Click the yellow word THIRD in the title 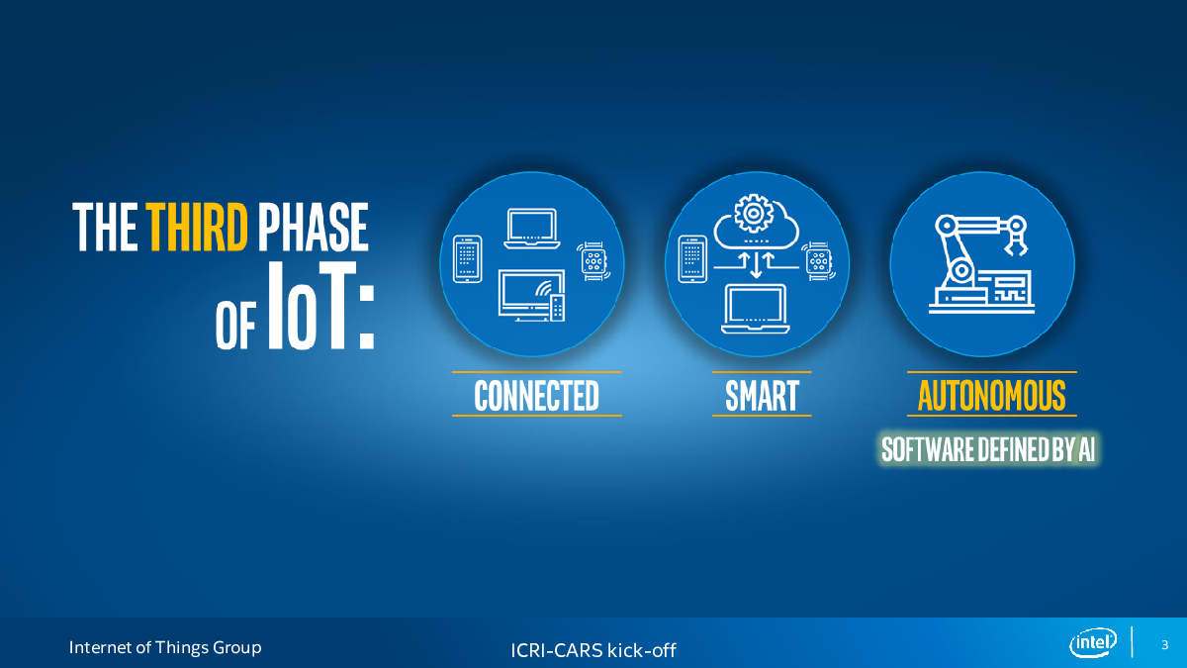click(x=197, y=227)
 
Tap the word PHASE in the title click(x=314, y=227)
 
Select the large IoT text click(x=321, y=306)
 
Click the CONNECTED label click(x=537, y=395)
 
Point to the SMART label click(x=762, y=395)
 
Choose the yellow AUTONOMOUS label click(x=991, y=395)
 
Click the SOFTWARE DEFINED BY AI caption click(x=988, y=449)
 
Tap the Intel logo click(x=1093, y=642)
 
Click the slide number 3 click(x=1165, y=644)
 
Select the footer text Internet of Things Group click(x=165, y=647)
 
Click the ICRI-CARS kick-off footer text click(x=593, y=650)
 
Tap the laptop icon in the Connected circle click(x=532, y=229)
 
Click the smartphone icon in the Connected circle click(x=467, y=259)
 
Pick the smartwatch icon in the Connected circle click(x=593, y=261)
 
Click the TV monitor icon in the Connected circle click(x=531, y=295)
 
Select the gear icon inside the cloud click(x=754, y=213)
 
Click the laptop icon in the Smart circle click(x=756, y=309)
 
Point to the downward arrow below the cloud click(x=756, y=265)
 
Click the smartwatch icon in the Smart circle click(x=819, y=261)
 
